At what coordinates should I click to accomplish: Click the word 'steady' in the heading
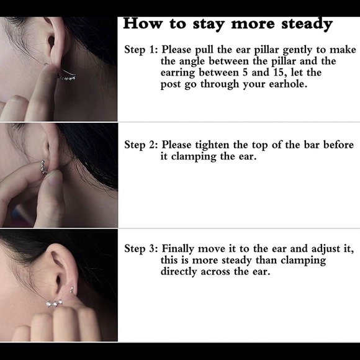(x=307, y=24)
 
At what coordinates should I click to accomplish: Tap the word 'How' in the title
(x=143, y=23)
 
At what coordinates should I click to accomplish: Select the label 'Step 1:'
(x=141, y=50)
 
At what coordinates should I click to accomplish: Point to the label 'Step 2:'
(x=141, y=145)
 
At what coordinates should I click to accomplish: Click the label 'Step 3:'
(x=141, y=249)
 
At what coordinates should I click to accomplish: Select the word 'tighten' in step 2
(x=212, y=145)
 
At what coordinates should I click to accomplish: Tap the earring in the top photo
(x=66, y=77)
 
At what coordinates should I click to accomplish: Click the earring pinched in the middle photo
(x=43, y=167)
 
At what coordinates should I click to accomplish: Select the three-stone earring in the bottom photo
(x=54, y=304)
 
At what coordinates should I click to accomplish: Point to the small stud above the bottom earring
(x=71, y=289)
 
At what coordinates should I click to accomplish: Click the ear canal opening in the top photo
(x=51, y=41)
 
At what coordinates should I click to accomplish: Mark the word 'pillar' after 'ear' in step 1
(x=267, y=50)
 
